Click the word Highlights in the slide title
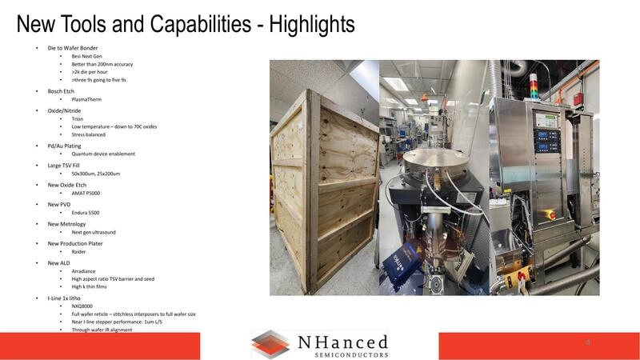point(310,24)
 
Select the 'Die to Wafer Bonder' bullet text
point(73,48)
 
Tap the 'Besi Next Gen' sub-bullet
point(87,56)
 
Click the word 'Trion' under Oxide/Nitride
point(78,118)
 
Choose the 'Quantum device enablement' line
point(103,154)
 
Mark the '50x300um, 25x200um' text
point(96,173)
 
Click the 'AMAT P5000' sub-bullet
point(86,193)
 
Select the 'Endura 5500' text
point(86,213)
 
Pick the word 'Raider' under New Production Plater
point(78,251)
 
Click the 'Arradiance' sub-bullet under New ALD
point(83,271)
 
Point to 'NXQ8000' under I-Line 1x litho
point(82,306)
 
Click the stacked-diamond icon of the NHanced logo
point(270,344)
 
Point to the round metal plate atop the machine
point(433,164)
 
